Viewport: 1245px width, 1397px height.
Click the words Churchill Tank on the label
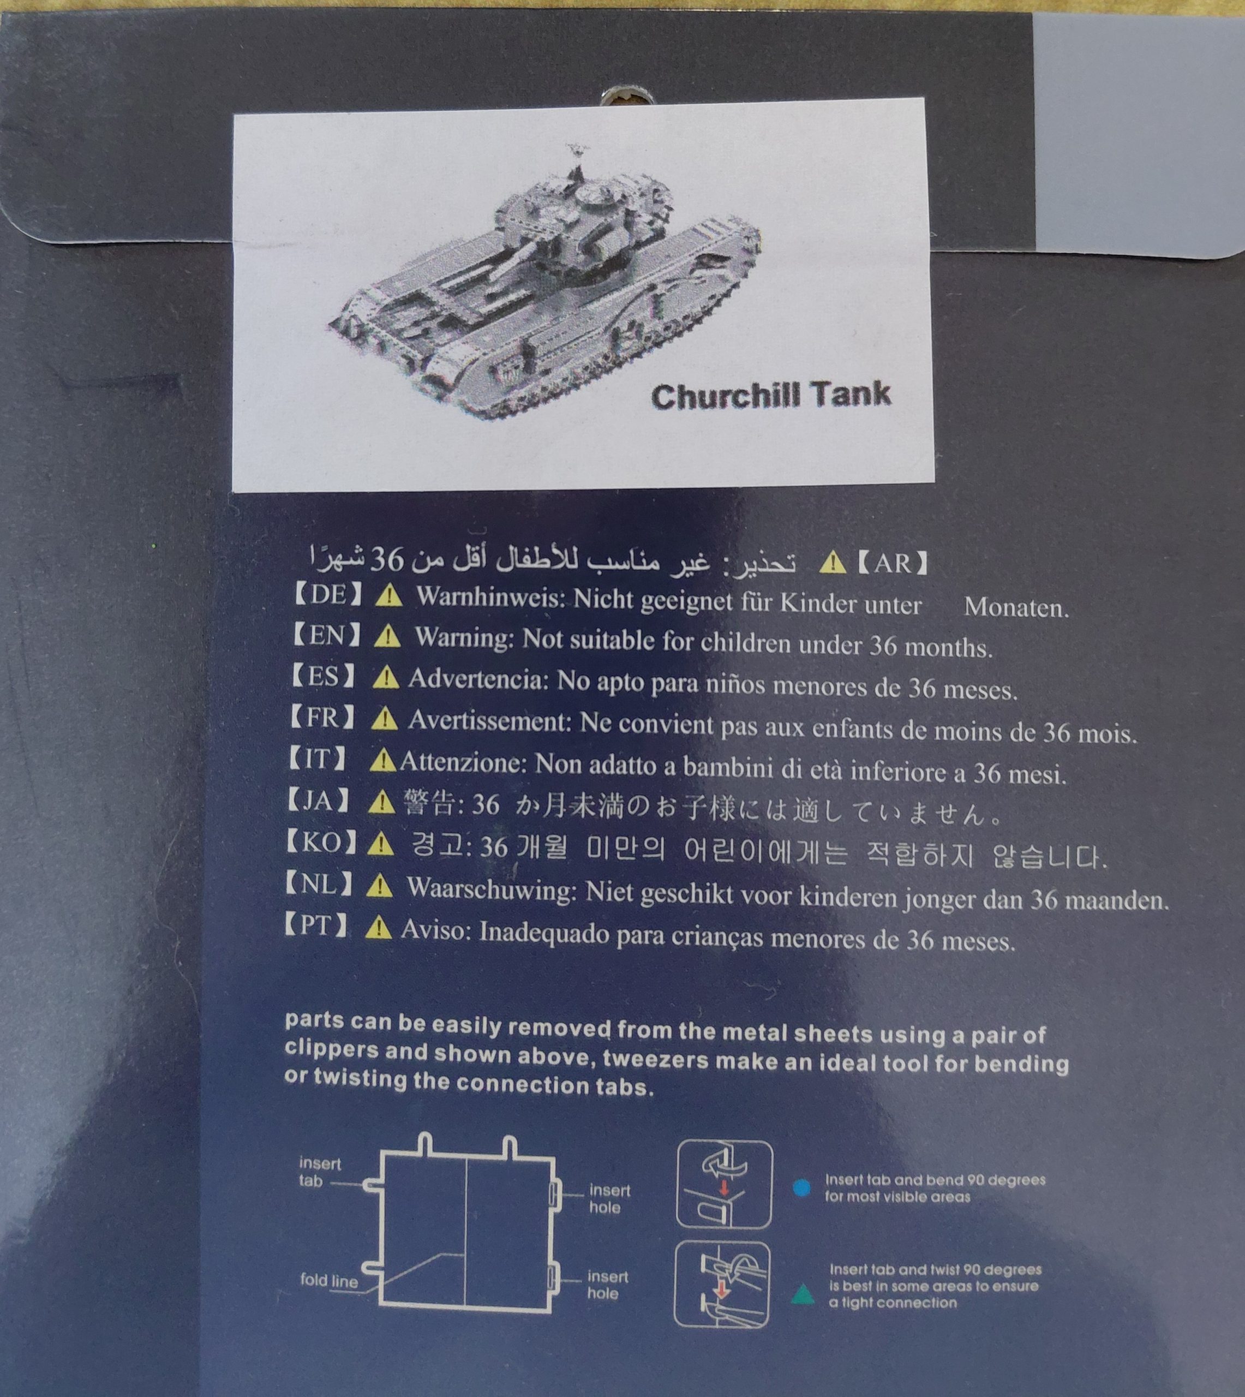pos(771,396)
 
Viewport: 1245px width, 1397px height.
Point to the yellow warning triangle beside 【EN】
pos(387,637)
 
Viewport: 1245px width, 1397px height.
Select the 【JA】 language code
pos(318,800)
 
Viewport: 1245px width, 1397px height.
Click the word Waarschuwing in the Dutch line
pos(490,889)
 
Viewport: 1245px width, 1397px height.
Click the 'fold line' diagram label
pos(329,1281)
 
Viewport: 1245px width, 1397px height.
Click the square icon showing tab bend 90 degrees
pos(725,1184)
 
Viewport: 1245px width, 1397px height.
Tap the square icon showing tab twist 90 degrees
pos(722,1286)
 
